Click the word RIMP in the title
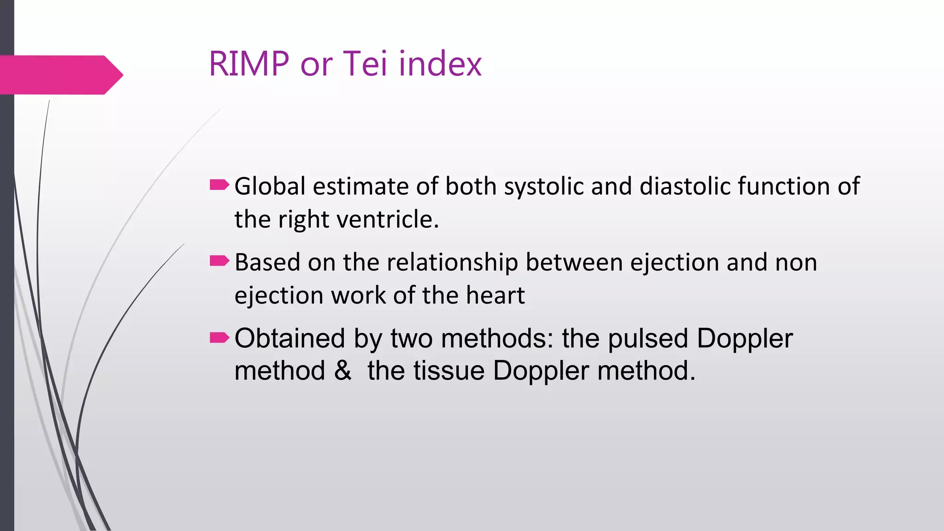249,64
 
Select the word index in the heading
440,64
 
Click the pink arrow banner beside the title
60,75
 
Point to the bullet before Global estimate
219,185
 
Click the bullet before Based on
219,261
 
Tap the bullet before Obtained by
219,338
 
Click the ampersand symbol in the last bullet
342,371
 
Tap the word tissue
449,371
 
